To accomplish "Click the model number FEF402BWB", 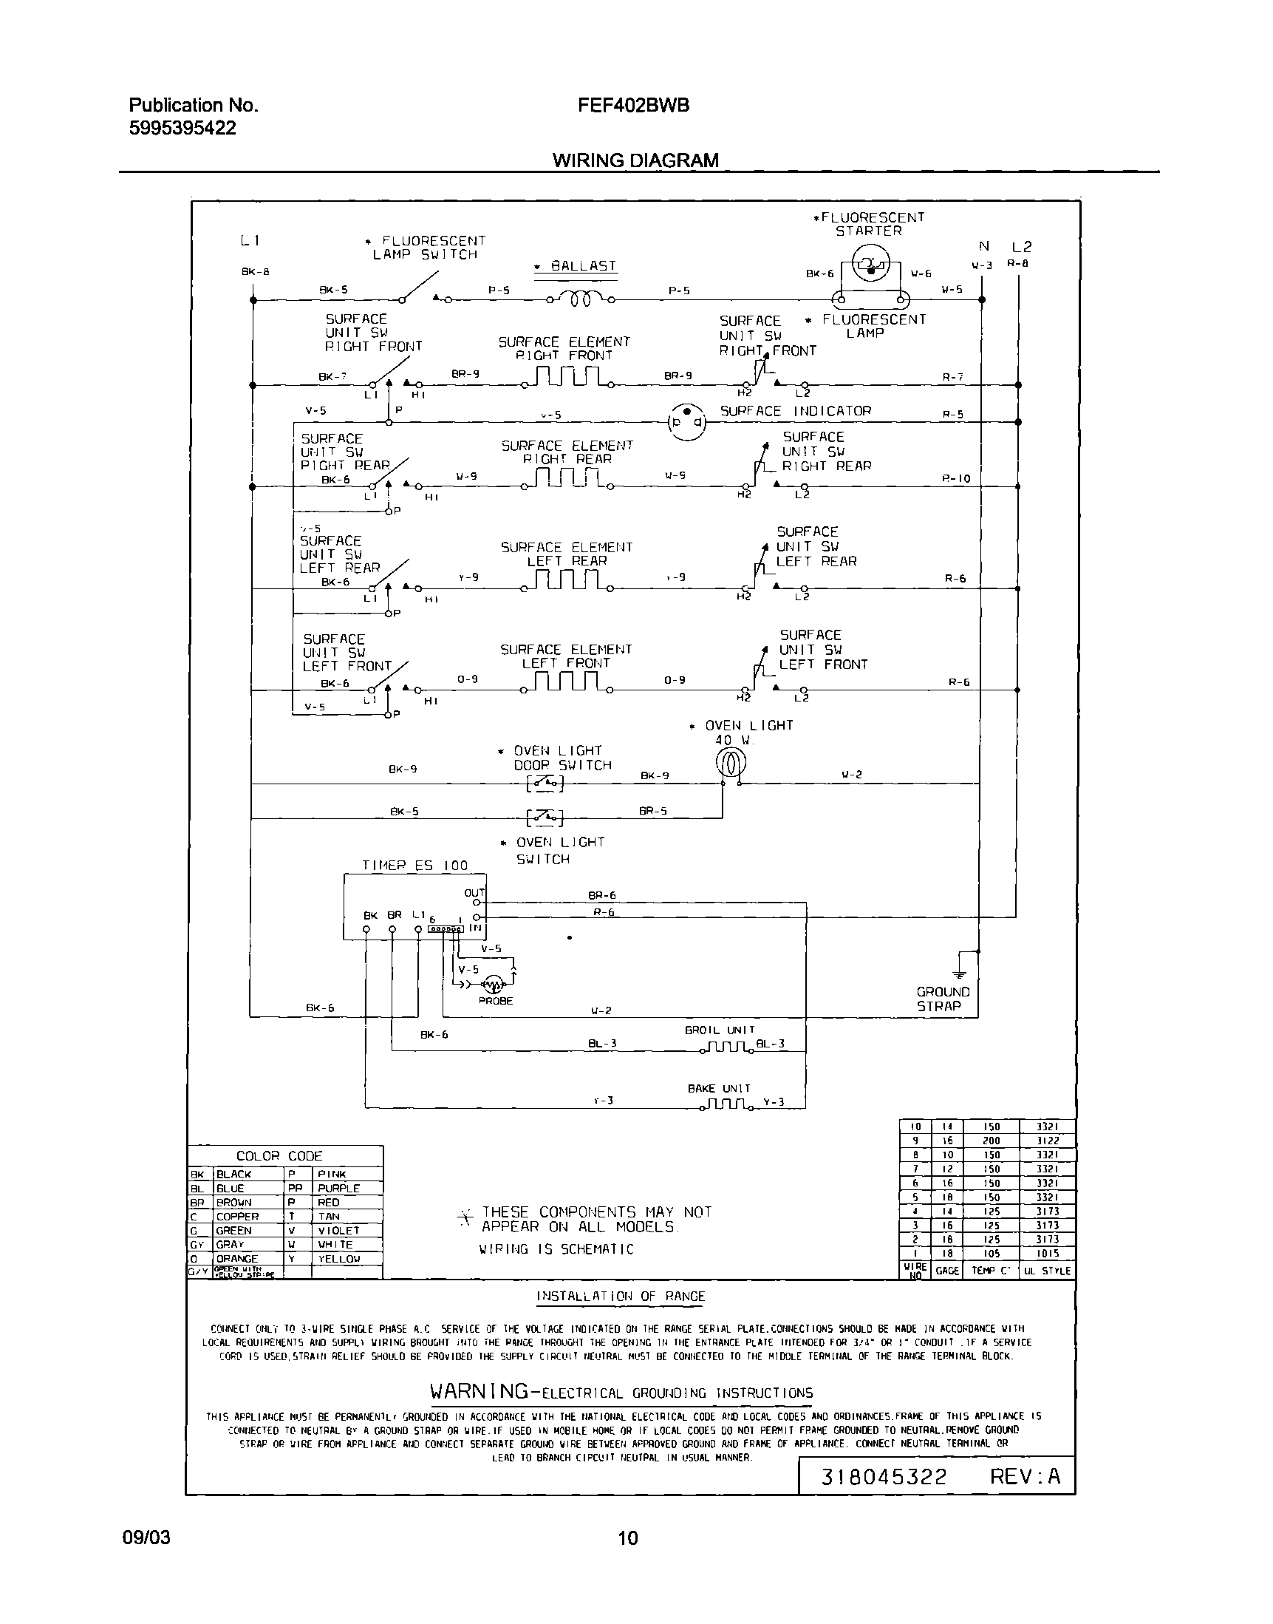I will tap(632, 106).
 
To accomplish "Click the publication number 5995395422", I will tap(182, 129).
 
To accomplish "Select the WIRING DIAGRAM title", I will tap(635, 160).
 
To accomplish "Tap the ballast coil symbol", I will tap(581, 299).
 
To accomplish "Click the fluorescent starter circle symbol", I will tap(870, 265).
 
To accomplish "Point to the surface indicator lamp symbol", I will tap(686, 421).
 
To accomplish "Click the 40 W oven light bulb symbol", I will tap(731, 763).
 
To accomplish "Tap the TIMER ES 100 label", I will tap(414, 866).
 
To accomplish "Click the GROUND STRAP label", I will tap(943, 999).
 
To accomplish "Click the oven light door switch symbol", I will tap(545, 783).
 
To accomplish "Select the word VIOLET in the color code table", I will tap(338, 1230).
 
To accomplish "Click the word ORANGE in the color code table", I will tap(237, 1259).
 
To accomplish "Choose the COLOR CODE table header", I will tap(279, 1157).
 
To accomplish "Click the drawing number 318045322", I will tap(883, 1476).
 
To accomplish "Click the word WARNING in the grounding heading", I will tap(479, 1391).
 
